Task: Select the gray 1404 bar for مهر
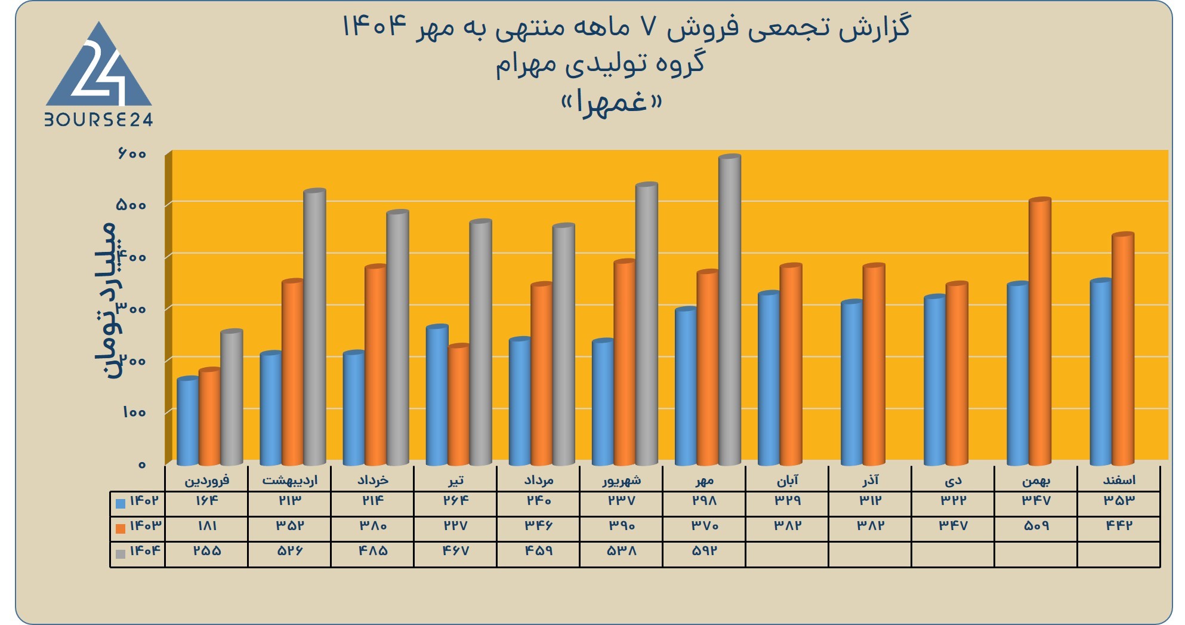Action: [730, 310]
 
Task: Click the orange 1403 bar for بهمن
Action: [1040, 331]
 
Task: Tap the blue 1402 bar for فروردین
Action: [188, 421]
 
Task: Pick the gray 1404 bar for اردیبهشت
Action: [315, 327]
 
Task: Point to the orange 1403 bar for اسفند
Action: [1123, 349]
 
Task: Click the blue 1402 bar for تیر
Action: [437, 395]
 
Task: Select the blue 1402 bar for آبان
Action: [769, 378]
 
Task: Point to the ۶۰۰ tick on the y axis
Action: [132, 154]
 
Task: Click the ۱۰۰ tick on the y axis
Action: [134, 412]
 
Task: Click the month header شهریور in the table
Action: [621, 480]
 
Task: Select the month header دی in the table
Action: [953, 480]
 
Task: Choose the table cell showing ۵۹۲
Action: [704, 551]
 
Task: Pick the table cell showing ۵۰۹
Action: [1036, 526]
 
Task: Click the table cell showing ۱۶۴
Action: [206, 500]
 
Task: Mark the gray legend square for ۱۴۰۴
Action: [121, 554]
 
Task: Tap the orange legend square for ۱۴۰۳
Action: [121, 528]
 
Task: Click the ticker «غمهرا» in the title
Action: [612, 103]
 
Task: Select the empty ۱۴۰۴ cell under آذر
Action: [870, 555]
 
